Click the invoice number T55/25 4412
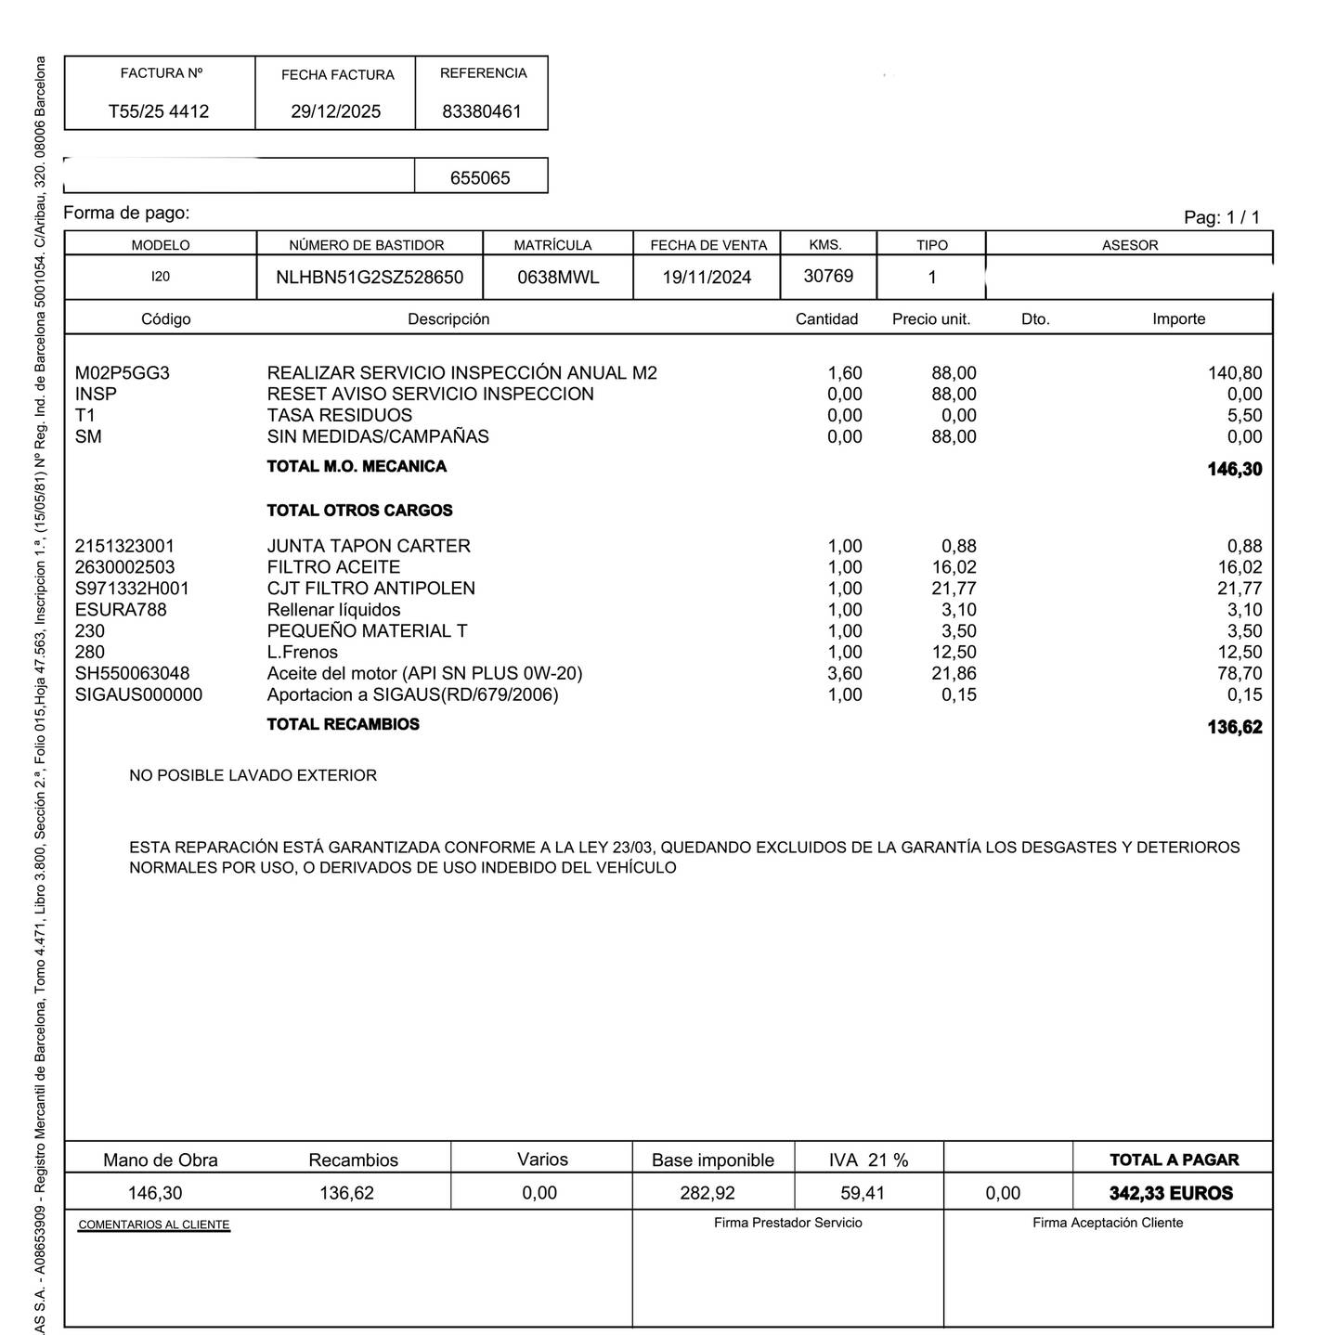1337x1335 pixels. [x=159, y=111]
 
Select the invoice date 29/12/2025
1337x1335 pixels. [x=335, y=111]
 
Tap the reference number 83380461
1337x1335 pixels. [x=482, y=111]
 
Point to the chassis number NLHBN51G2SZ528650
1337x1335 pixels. [x=370, y=278]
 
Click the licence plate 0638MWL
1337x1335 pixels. [x=558, y=278]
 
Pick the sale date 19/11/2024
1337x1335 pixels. [x=707, y=278]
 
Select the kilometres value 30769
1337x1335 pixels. [x=828, y=276]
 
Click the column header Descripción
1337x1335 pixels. [x=448, y=319]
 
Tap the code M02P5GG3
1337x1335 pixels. [x=123, y=373]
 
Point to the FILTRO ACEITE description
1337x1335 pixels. [x=333, y=567]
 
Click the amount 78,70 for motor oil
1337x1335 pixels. [x=1240, y=674]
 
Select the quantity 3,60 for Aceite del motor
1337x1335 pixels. [x=844, y=674]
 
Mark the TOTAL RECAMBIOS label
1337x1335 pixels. [x=343, y=724]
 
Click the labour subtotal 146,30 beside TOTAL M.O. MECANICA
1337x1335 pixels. [x=1234, y=469]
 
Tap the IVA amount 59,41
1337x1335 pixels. [x=863, y=1193]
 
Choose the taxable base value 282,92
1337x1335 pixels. [x=707, y=1193]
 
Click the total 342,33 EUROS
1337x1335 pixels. [x=1171, y=1193]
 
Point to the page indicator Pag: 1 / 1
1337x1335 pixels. [x=1222, y=217]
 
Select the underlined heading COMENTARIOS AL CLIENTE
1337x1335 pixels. [x=154, y=1225]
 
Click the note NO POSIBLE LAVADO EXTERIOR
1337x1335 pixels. [x=253, y=775]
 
